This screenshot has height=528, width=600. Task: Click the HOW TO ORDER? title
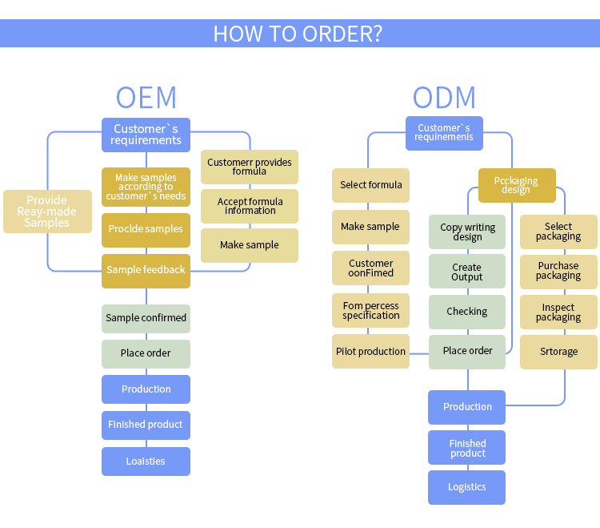point(298,34)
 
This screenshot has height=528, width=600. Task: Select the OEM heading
point(146,97)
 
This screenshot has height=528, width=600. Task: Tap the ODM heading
point(444,97)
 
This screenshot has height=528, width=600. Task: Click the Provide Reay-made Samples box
point(47,212)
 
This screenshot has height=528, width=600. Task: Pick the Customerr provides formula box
point(250,167)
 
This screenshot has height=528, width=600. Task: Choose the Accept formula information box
point(250,206)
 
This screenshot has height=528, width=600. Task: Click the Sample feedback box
point(146,271)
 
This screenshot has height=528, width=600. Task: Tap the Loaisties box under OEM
point(146,461)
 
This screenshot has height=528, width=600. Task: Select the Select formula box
point(370,185)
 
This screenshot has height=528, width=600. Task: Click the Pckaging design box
point(517,185)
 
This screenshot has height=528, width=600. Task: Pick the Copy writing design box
point(467,232)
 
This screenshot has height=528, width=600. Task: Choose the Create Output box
point(467,272)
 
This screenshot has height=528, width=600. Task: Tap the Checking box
point(467,312)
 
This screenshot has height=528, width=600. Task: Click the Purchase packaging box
point(558,272)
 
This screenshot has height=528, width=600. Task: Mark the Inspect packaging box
point(558,312)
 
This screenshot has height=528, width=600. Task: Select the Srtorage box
point(558,352)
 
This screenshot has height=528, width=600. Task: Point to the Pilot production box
point(370,352)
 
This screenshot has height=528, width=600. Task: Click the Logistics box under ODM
point(467,487)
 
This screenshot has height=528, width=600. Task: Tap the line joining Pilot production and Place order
point(419,353)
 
